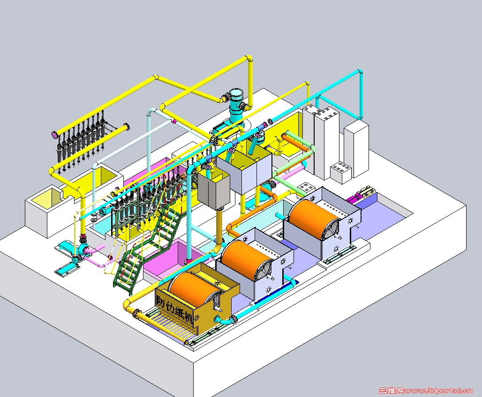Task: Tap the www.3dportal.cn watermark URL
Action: (x=438, y=391)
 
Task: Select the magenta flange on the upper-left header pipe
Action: (x=54, y=134)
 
